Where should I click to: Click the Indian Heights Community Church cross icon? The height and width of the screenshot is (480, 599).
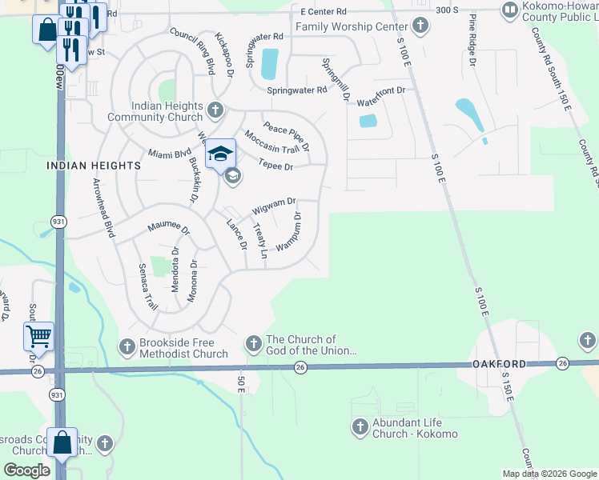tap(215, 109)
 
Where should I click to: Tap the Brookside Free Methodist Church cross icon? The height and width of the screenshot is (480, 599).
tap(127, 346)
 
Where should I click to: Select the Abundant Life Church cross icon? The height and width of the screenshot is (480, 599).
tap(360, 426)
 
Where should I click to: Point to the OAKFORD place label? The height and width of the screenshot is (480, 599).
tap(505, 364)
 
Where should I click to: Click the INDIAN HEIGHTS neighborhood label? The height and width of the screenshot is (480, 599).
tap(94, 165)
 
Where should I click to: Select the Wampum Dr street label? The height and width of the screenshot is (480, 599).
tap(289, 233)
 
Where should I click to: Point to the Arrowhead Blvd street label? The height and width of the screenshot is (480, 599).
tap(103, 208)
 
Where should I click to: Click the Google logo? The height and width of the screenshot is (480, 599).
tap(28, 470)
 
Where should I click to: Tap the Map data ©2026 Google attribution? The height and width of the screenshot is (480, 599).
tap(549, 474)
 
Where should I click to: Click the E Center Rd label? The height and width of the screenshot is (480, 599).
tap(324, 12)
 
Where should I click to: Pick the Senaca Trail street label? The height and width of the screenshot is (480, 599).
tap(147, 287)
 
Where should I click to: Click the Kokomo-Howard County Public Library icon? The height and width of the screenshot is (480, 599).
tap(509, 10)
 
